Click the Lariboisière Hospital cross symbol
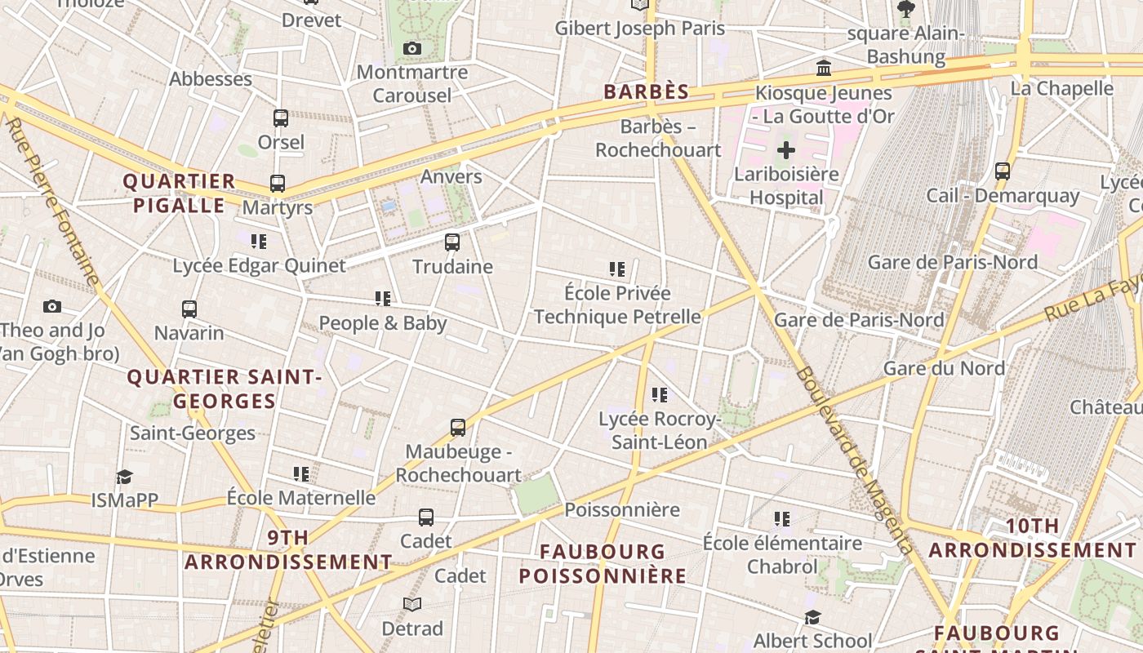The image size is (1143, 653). (786, 150)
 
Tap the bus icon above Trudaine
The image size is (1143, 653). (452, 242)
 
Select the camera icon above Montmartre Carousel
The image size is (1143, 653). (412, 49)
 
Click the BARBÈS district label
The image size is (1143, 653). (647, 92)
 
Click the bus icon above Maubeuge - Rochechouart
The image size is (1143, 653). (458, 428)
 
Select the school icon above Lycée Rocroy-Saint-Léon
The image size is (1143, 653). (660, 395)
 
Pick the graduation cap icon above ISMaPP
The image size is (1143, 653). (124, 477)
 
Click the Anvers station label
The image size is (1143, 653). (451, 176)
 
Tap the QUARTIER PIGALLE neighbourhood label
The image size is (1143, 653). (179, 193)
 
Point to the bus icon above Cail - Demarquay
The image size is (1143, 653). (1003, 171)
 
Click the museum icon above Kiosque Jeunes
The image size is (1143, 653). (824, 69)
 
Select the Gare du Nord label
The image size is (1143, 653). (944, 368)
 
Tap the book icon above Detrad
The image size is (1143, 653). (412, 605)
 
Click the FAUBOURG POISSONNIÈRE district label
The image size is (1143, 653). (603, 564)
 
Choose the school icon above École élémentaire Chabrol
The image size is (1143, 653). (782, 519)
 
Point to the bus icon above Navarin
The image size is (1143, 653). (189, 309)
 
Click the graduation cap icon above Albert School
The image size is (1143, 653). (812, 617)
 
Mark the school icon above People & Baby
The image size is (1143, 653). (383, 300)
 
